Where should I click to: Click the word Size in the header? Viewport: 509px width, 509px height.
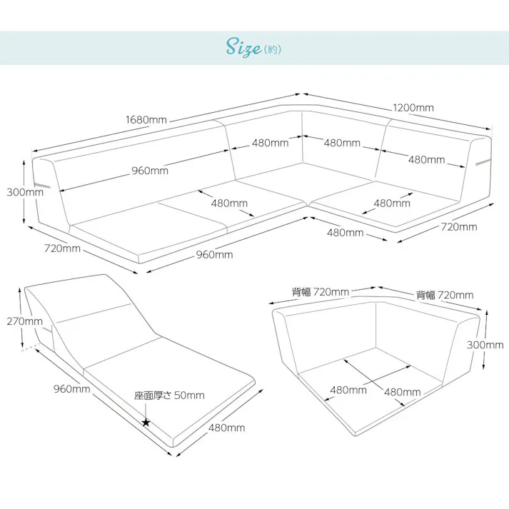(243, 47)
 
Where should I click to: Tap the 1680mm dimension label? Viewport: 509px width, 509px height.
(146, 120)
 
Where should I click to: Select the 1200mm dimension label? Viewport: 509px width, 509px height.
(413, 108)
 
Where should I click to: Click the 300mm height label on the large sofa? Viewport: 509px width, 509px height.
(25, 192)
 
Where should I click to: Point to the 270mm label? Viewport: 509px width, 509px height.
(25, 321)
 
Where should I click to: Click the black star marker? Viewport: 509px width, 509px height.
(146, 423)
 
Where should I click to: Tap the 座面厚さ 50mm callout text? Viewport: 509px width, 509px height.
(169, 395)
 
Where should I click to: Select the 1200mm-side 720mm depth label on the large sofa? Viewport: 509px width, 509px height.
(459, 226)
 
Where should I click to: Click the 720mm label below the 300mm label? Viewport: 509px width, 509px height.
(62, 248)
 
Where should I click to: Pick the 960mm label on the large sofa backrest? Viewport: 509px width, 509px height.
(150, 171)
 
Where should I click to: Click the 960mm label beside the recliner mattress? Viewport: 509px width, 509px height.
(71, 388)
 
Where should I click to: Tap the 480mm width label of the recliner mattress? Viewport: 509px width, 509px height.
(226, 428)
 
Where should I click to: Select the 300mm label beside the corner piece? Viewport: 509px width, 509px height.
(485, 344)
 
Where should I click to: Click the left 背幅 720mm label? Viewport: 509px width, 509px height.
(321, 292)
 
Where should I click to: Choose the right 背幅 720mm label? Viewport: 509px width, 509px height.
(445, 295)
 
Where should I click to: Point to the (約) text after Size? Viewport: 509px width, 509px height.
(273, 49)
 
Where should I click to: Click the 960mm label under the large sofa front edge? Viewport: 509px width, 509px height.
(215, 254)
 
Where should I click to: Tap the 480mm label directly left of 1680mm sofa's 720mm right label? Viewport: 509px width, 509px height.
(345, 233)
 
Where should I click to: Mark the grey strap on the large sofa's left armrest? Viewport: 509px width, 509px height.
(42, 185)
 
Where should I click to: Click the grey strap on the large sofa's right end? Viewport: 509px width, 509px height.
(484, 162)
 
